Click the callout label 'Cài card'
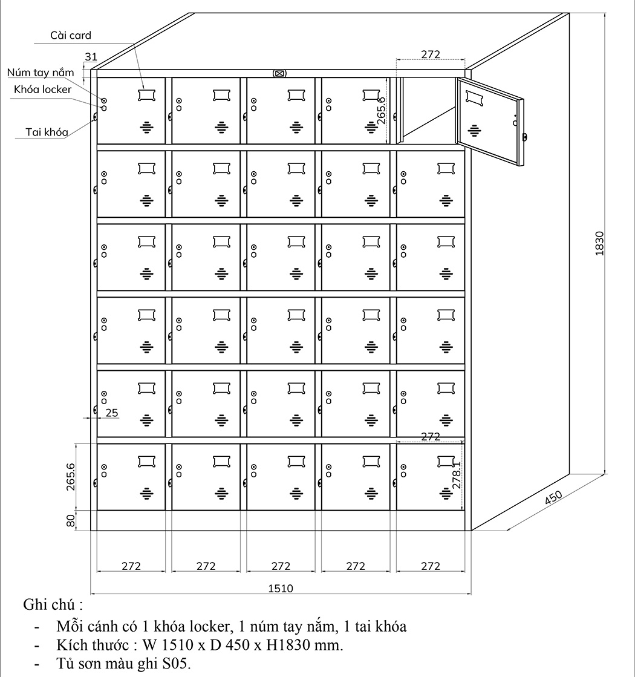click(x=71, y=36)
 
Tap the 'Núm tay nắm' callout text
click(x=41, y=73)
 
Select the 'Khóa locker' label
click(x=43, y=90)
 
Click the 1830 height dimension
click(x=599, y=243)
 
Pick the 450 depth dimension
click(x=553, y=497)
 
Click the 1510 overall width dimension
click(x=280, y=588)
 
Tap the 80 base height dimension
click(x=71, y=520)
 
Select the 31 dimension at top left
click(x=91, y=57)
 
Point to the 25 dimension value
click(x=112, y=413)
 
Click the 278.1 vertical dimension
click(x=457, y=474)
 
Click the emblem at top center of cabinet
click(x=279, y=74)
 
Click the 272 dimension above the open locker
click(x=430, y=54)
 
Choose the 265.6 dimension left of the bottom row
click(x=71, y=476)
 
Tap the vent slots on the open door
click(x=474, y=129)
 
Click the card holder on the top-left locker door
click(x=146, y=95)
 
